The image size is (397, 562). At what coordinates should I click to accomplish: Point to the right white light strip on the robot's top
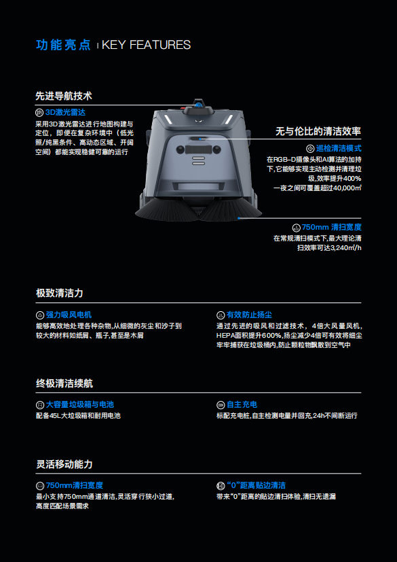(229, 120)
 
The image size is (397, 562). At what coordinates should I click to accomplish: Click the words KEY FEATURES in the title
(146, 45)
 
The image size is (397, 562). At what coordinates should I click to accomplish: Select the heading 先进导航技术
(64, 96)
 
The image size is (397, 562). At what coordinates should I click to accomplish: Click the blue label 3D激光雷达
(65, 113)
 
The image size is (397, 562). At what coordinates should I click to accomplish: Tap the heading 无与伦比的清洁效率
(318, 131)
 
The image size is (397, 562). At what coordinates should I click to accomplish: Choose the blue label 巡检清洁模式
(339, 148)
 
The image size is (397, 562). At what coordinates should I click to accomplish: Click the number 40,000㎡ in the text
(347, 188)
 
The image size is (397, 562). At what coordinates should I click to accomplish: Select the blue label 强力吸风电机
(69, 315)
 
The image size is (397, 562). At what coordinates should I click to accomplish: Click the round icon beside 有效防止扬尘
(221, 315)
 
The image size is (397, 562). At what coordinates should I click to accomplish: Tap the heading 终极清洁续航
(64, 383)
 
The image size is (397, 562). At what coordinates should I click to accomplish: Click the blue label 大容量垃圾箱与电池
(80, 404)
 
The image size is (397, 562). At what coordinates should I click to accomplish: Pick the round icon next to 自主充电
(221, 405)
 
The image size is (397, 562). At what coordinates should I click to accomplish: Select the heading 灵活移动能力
(64, 465)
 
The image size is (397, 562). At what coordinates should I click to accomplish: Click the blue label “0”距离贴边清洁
(256, 486)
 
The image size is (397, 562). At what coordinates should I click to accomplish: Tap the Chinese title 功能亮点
(63, 45)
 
